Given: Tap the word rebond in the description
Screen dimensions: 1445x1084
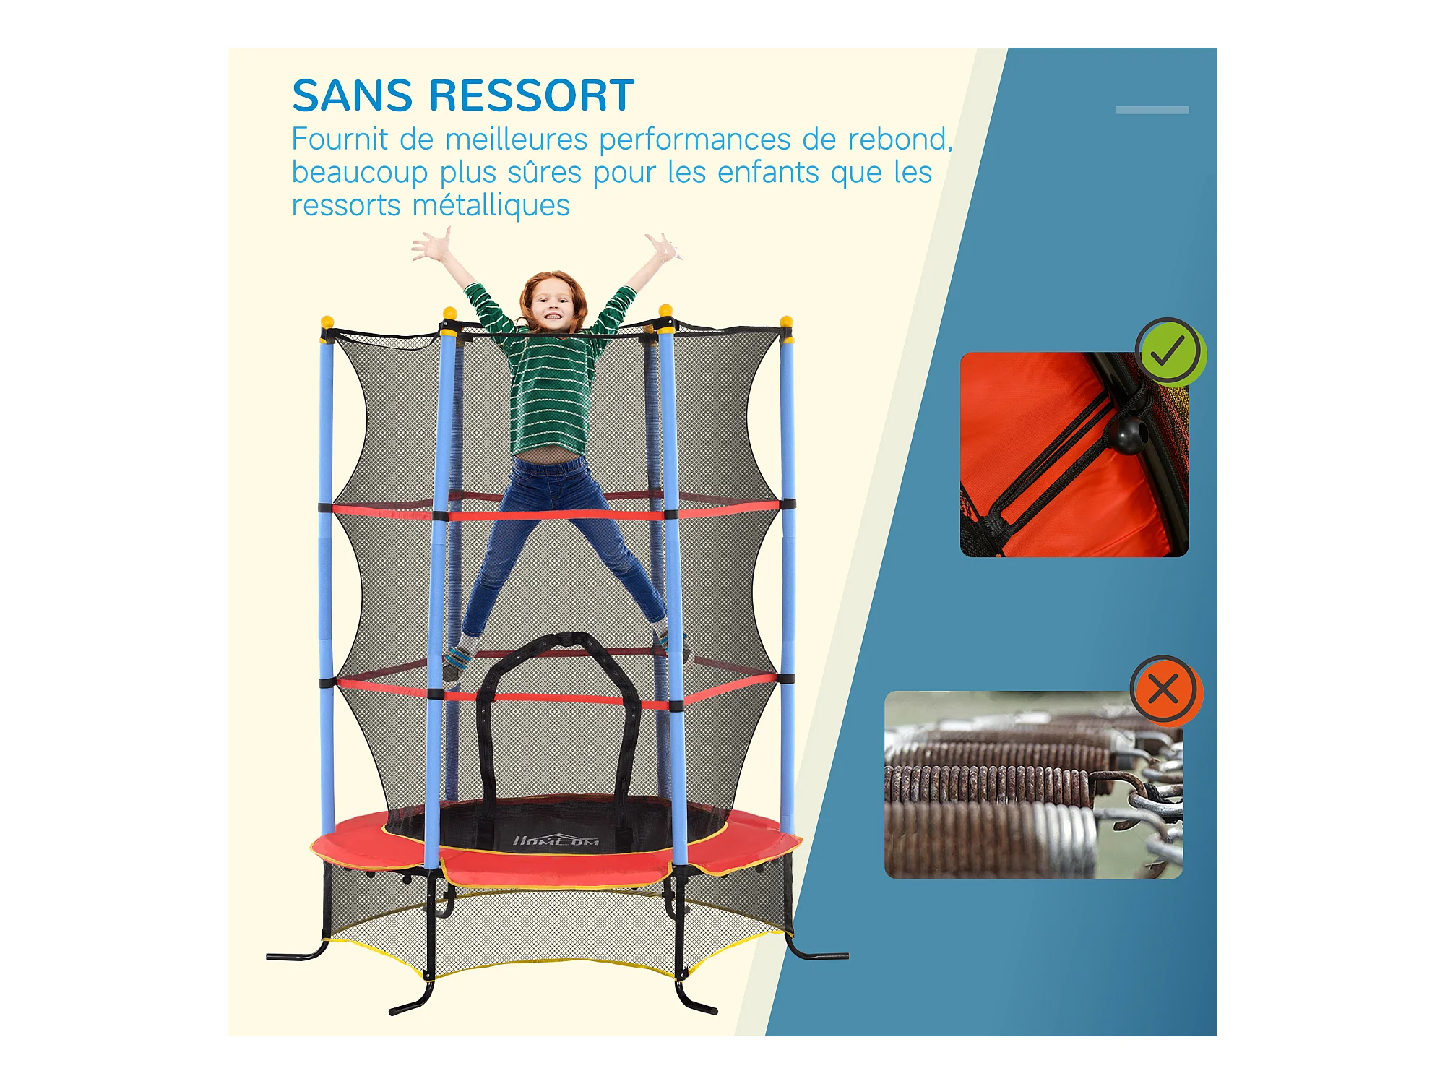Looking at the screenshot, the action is click(900, 139).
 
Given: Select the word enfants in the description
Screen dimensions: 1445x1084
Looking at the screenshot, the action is click(768, 172).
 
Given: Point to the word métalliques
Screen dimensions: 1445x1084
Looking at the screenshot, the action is click(491, 206).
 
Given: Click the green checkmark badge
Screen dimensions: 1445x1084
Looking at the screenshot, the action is click(1170, 352).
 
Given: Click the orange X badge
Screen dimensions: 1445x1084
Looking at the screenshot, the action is click(1165, 689).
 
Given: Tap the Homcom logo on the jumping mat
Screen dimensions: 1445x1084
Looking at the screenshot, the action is click(556, 840).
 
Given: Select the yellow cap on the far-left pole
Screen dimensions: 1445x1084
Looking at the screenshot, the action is click(327, 322).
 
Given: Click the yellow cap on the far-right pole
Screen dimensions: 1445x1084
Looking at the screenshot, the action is click(787, 322).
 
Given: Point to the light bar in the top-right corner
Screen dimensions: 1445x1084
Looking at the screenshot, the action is click(1152, 110).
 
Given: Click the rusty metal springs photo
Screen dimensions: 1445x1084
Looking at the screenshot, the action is click(1033, 785).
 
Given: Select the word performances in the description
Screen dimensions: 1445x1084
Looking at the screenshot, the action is click(694, 140).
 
